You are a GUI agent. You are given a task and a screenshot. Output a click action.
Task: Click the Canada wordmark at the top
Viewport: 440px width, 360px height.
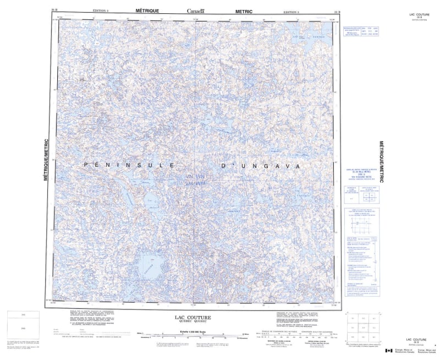[195, 11]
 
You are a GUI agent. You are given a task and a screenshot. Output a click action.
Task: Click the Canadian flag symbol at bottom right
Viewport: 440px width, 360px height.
[389, 351]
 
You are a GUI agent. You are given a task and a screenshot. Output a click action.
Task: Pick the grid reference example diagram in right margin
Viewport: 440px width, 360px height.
[360, 226]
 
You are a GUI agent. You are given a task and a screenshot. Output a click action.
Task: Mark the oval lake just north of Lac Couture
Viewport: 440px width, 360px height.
[152, 203]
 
